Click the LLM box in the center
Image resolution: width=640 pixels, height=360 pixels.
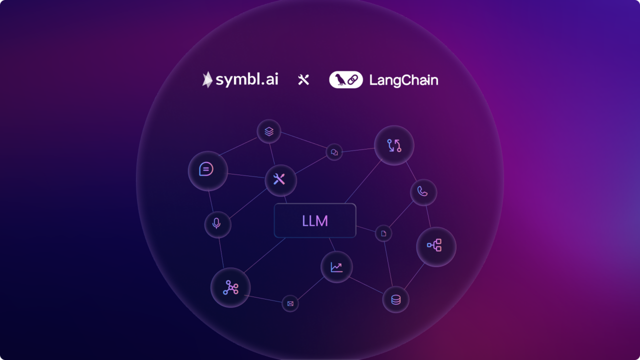(315, 220)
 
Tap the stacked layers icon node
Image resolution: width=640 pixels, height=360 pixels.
(269, 131)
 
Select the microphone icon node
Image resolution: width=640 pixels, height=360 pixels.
(217, 224)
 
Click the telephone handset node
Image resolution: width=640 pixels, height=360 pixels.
(423, 192)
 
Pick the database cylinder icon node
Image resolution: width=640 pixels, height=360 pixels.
(395, 299)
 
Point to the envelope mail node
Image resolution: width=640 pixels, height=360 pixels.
(290, 303)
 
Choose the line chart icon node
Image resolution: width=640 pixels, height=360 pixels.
(336, 267)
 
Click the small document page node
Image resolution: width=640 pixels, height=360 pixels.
(383, 233)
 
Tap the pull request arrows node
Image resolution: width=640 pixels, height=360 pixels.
(394, 145)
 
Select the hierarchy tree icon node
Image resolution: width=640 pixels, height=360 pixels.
(436, 247)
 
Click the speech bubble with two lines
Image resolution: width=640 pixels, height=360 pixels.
(208, 171)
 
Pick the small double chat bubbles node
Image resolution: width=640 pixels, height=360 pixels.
(334, 152)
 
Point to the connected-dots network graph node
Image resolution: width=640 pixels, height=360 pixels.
(230, 287)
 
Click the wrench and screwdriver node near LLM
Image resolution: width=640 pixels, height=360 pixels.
(281, 180)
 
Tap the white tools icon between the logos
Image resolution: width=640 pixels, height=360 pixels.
(303, 79)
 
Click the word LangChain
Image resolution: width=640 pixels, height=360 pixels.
(403, 80)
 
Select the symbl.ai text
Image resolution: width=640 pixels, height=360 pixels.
(247, 79)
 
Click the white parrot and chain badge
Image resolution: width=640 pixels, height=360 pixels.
(346, 79)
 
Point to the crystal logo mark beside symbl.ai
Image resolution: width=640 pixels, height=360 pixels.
(207, 79)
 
